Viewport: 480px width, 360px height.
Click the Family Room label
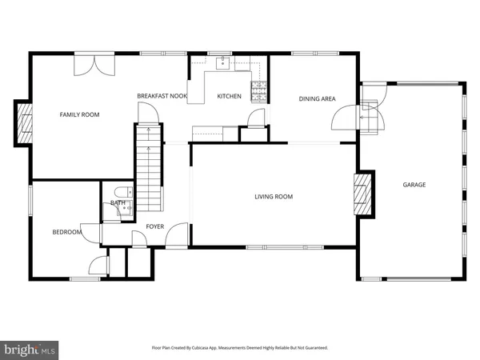coord(80,115)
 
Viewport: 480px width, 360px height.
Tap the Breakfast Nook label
coord(162,96)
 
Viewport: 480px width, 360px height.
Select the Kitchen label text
coord(229,97)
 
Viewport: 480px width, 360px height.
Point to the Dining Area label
coord(317,99)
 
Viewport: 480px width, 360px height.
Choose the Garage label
coord(414,185)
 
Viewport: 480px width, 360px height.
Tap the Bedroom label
coord(67,232)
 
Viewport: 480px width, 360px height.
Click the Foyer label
coord(154,226)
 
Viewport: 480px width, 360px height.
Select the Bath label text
coord(118,203)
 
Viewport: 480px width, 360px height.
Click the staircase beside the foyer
coord(148,168)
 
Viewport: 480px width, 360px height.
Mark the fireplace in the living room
coord(363,194)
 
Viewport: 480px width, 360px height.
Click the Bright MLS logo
coord(30,349)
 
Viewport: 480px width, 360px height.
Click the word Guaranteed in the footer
coord(314,348)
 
